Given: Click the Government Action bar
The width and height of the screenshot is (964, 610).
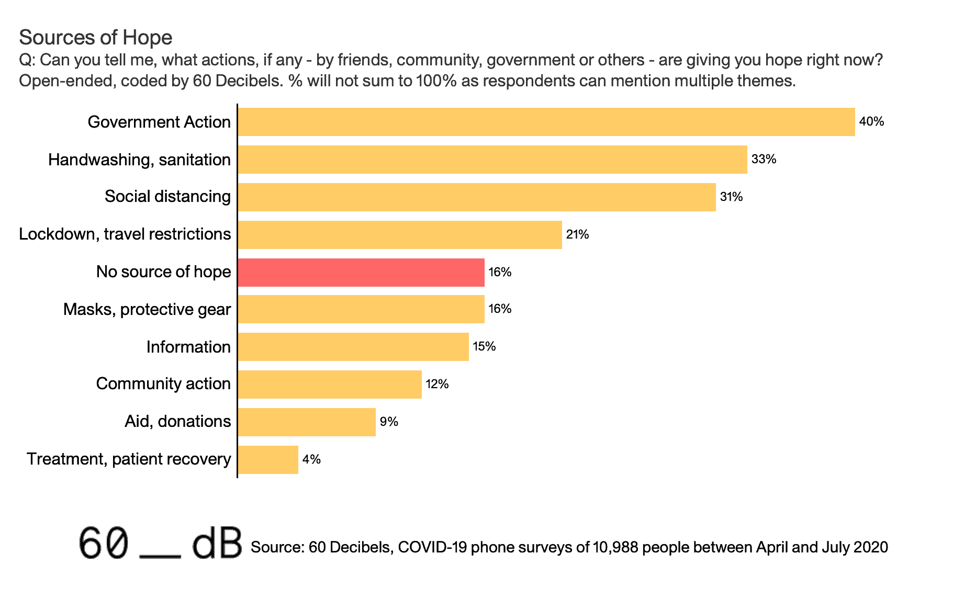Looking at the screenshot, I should coord(546,122).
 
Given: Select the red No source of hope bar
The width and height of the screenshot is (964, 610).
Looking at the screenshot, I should coord(361,272).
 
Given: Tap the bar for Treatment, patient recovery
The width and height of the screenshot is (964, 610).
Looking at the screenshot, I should coord(268,459).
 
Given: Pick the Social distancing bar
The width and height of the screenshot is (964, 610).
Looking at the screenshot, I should coord(477,197).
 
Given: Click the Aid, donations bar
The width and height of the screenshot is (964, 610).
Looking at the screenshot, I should coord(307,422).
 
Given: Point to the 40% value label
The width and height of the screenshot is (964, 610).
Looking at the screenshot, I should coord(871,122).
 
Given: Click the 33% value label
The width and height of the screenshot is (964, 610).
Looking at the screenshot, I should coord(764,160).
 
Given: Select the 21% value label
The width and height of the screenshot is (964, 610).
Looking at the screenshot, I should coord(577,234).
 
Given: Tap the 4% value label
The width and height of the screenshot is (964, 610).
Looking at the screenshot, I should coord(311,459).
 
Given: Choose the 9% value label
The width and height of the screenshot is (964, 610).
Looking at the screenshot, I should coord(389,422).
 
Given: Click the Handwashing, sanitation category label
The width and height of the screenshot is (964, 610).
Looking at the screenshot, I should coord(139,160).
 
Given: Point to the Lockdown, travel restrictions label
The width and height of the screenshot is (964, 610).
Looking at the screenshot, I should coord(125,234).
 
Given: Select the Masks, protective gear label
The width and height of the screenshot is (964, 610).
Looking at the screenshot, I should coord(147,309).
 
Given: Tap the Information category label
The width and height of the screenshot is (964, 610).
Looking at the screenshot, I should coord(188,347).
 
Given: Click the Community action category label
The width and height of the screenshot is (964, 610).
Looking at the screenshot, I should coord(163,383).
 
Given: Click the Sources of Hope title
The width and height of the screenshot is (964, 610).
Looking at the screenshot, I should coord(95,38).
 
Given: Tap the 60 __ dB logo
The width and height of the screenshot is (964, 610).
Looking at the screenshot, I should coord(160,544).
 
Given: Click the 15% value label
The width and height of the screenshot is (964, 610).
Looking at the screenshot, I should coord(484,346).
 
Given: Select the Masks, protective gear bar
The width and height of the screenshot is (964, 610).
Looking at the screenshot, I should coord(361,309).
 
